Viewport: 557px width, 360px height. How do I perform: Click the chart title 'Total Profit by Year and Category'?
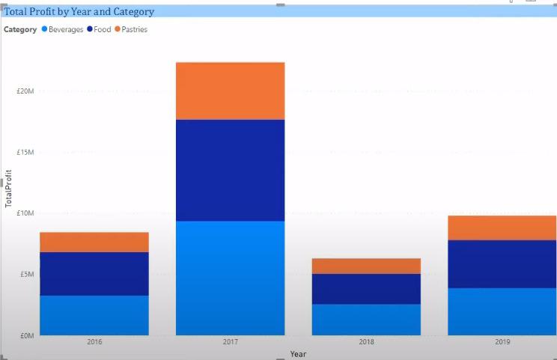79,12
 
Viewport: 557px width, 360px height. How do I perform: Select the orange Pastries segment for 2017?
230,91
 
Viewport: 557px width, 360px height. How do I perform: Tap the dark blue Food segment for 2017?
230,170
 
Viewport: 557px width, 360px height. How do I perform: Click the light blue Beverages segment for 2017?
230,278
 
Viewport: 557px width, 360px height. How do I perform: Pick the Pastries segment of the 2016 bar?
94,242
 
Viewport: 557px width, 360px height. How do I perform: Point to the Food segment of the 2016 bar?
94,273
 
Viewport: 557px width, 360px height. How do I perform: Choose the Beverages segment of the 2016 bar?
94,315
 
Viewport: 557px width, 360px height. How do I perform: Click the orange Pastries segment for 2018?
366,266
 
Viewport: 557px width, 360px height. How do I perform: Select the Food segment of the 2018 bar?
366,288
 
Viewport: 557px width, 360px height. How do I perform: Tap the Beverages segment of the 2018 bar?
366,319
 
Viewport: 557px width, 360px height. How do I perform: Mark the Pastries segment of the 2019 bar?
502,228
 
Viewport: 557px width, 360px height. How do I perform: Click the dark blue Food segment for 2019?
502,263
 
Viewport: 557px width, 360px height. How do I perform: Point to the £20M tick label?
25,91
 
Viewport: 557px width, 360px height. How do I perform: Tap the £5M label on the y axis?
27,275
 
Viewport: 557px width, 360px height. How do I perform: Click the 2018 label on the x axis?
366,342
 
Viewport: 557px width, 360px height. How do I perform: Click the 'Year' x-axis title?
298,354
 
